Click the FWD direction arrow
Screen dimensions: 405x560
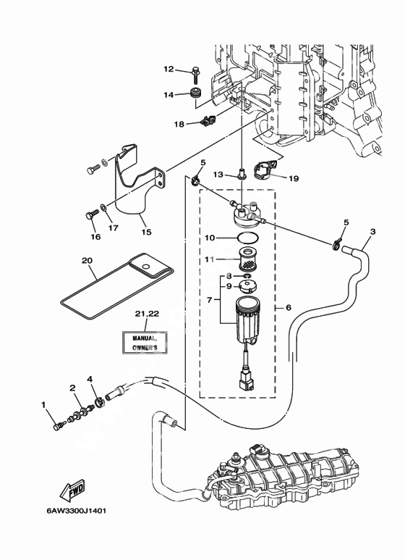pos(72,488)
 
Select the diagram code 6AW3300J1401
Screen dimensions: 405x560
pos(76,511)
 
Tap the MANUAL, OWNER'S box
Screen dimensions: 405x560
pos(145,343)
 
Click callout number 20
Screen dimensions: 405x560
pos(87,261)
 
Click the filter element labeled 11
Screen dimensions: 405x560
pos(244,259)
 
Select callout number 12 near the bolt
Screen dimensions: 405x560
pos(169,69)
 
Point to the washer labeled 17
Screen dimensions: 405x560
pos(103,206)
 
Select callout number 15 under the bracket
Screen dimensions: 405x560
pos(147,232)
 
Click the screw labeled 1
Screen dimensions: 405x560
pos(59,426)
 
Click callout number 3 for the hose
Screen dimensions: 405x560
pos(373,232)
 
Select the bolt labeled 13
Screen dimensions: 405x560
pos(242,174)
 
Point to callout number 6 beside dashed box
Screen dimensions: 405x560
pos(289,307)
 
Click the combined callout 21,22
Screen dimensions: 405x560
pos(147,314)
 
